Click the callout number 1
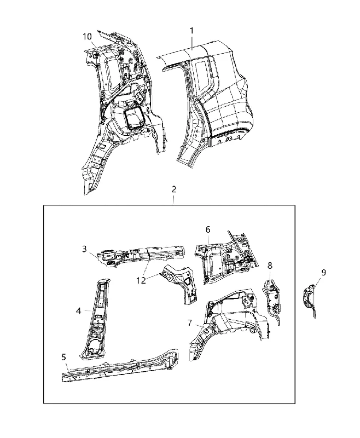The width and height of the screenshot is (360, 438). pyautogui.click(x=191, y=31)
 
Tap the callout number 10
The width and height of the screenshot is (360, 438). pyautogui.click(x=87, y=37)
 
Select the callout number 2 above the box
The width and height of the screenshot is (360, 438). pyautogui.click(x=174, y=189)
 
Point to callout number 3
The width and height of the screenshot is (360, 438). pyautogui.click(x=85, y=249)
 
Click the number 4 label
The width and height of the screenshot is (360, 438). pyautogui.click(x=78, y=310)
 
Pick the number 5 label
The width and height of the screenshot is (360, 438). pyautogui.click(x=64, y=357)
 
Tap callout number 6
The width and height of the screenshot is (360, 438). pyautogui.click(x=208, y=230)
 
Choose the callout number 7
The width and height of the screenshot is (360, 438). pyautogui.click(x=190, y=323)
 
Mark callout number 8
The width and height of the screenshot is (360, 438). pyautogui.click(x=270, y=266)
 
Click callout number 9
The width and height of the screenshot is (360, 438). pyautogui.click(x=324, y=272)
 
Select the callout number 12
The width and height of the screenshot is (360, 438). pyautogui.click(x=142, y=280)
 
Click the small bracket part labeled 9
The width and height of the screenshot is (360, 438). pyautogui.click(x=310, y=301)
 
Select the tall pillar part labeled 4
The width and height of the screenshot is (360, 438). pyautogui.click(x=95, y=319)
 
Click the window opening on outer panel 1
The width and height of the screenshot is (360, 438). pyautogui.click(x=204, y=75)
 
